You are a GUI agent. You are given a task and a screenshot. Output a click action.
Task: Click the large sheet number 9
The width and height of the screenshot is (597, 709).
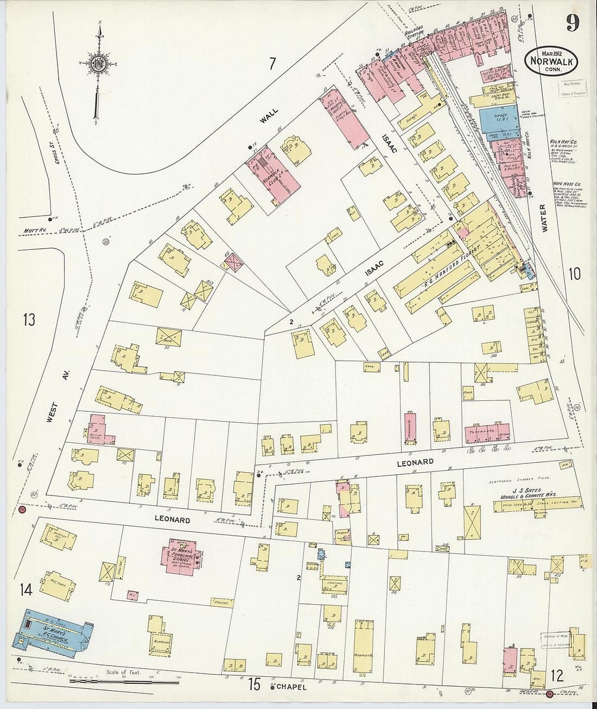tap(572, 23)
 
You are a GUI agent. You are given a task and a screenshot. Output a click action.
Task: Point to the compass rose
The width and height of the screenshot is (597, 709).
tap(98, 64)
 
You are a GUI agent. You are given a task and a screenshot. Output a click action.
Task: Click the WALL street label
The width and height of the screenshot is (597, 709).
tap(269, 116)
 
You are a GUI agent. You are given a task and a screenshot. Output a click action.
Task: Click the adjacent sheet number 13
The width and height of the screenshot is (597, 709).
tap(29, 319)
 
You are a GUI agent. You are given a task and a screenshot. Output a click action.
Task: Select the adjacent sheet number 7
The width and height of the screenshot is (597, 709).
tap(272, 64)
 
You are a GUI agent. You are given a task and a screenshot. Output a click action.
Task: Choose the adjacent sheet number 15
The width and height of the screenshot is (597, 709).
tap(255, 684)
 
